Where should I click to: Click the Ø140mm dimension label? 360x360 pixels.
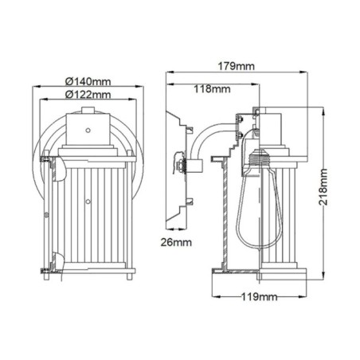(x=88, y=80)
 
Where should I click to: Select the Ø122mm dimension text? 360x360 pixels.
(x=88, y=95)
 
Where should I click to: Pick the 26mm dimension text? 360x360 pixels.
(x=177, y=241)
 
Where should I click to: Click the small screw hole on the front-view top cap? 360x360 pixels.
(x=88, y=125)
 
